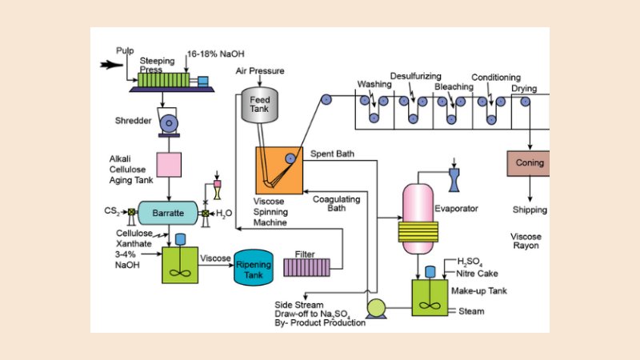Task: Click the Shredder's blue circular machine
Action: pyautogui.click(x=170, y=122)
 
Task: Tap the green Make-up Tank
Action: pyautogui.click(x=433, y=295)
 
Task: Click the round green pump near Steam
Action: pyautogui.click(x=374, y=307)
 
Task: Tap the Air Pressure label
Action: pyautogui.click(x=261, y=71)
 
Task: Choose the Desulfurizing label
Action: pyautogui.click(x=416, y=77)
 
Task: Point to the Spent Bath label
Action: pyautogui.click(x=332, y=153)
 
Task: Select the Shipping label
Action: pyautogui.click(x=530, y=210)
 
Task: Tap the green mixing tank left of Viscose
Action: pyautogui.click(x=180, y=264)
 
